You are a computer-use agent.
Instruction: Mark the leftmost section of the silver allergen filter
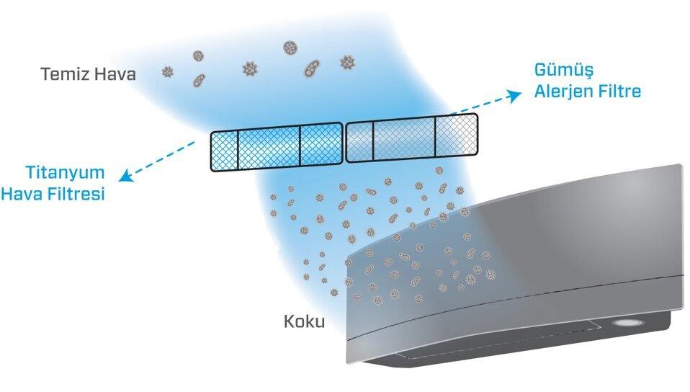click(x=360, y=141)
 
